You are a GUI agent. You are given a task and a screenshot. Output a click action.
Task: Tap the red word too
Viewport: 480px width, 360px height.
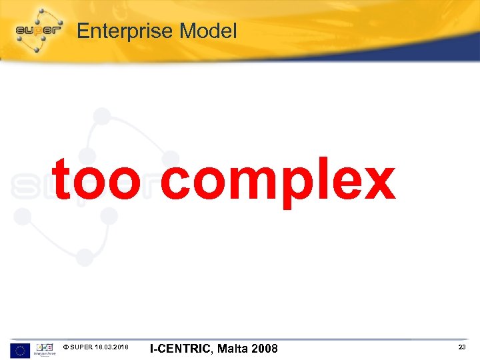96,180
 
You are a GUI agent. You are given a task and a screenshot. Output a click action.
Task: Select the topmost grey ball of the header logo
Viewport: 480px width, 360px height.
41,11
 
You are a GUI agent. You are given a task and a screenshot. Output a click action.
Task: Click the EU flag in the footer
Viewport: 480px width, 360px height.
20,349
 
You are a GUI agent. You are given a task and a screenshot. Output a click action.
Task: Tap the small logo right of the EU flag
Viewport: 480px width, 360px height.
45,349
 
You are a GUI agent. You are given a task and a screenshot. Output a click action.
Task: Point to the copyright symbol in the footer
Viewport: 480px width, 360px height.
65,347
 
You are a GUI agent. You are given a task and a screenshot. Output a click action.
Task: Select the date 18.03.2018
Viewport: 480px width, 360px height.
112,347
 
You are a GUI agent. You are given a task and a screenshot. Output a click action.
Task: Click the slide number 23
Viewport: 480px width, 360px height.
461,347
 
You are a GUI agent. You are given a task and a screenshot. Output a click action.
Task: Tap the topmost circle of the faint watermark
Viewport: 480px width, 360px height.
102,117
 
